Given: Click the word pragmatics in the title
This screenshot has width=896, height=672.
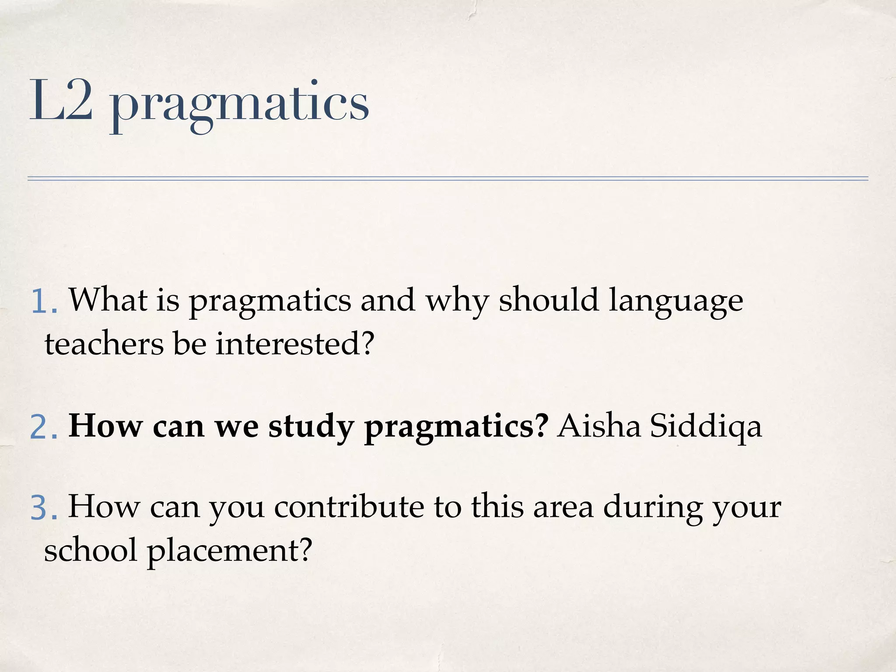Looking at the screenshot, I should click(x=240, y=105).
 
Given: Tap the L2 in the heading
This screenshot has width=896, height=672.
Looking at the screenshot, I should click(x=61, y=101).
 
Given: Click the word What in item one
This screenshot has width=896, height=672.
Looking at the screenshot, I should click(x=108, y=300).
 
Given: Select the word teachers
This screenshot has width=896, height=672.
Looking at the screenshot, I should click(x=104, y=344).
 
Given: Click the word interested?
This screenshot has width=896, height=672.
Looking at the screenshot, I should click(x=295, y=344).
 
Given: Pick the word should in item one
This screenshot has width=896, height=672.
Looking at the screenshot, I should click(x=549, y=300).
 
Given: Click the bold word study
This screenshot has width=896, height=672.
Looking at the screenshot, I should click(x=311, y=427).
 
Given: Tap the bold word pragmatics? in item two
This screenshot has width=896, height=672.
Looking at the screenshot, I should click(x=456, y=427).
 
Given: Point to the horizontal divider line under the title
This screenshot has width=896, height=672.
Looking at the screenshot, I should click(x=448, y=178).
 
